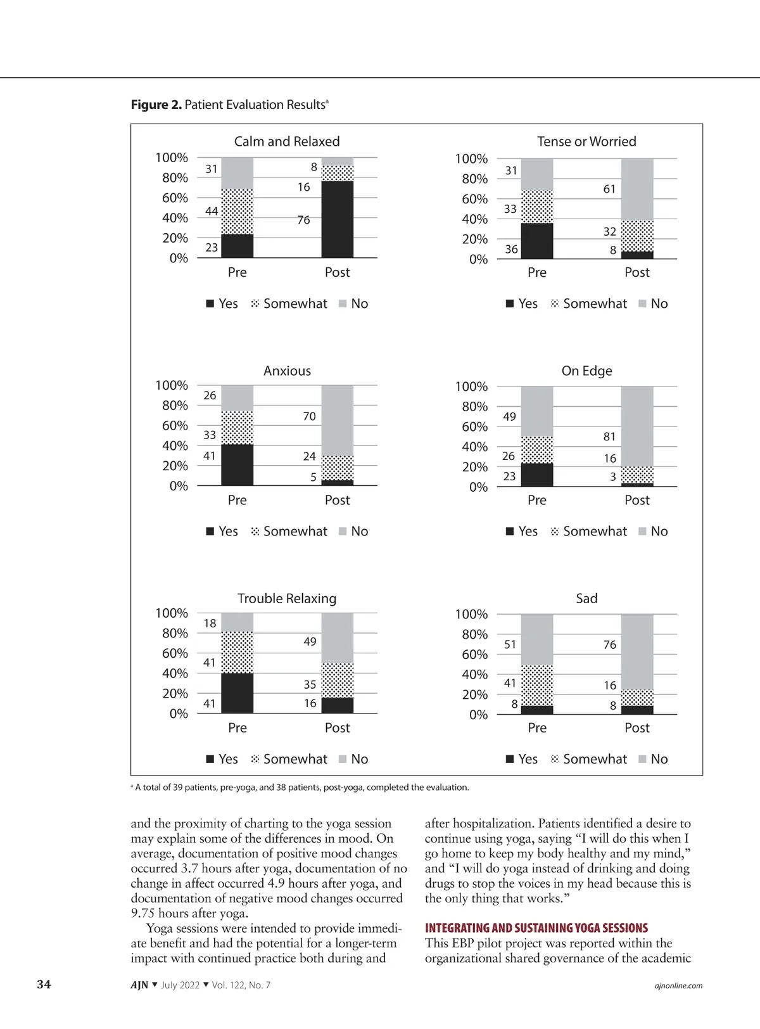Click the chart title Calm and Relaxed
(x=287, y=141)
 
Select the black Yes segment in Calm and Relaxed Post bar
(x=338, y=219)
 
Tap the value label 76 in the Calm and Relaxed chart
(x=304, y=220)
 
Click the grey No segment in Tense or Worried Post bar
(x=637, y=189)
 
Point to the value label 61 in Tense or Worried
(x=609, y=189)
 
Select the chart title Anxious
(x=287, y=371)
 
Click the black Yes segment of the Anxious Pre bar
(x=237, y=465)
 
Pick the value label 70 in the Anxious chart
(x=309, y=416)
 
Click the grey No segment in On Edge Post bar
(x=637, y=426)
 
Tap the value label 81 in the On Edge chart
(x=609, y=437)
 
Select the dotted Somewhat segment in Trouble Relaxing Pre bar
(x=237, y=652)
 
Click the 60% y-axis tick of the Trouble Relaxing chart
(x=175, y=653)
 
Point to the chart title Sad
(x=586, y=598)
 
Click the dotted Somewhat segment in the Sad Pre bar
(x=537, y=685)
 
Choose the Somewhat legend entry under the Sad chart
(x=589, y=759)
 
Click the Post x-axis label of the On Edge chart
(x=637, y=500)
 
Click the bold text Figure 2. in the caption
(x=156, y=105)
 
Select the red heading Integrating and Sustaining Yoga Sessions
(x=536, y=928)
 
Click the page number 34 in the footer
(x=44, y=984)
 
